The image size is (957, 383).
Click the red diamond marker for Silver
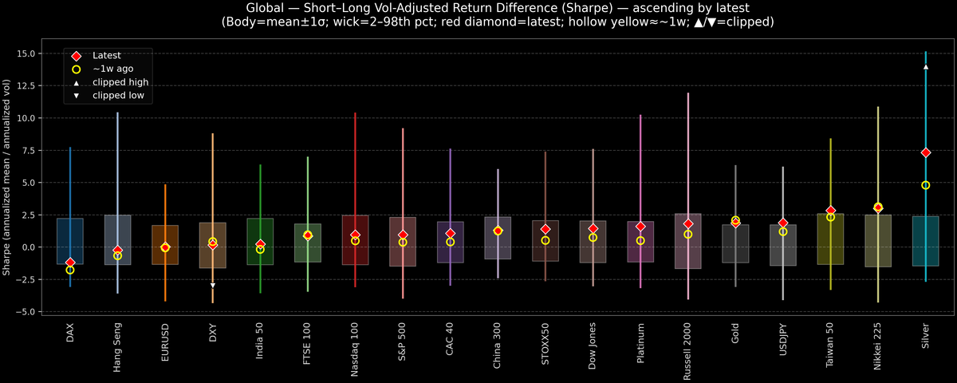pos(925,152)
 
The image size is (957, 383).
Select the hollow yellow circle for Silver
pos(925,185)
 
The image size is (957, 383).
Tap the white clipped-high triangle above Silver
pos(925,67)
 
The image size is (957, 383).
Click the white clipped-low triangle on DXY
pos(213,285)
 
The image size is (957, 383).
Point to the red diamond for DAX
pos(70,263)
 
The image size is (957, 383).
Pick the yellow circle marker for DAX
pos(70,270)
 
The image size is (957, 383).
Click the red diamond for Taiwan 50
pos(830,211)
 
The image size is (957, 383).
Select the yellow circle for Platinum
pos(640,240)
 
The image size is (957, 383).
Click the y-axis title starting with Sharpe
pos(7,177)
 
